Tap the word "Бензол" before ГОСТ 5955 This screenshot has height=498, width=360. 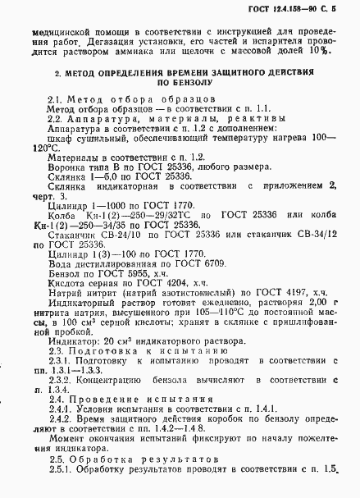(65, 312)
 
